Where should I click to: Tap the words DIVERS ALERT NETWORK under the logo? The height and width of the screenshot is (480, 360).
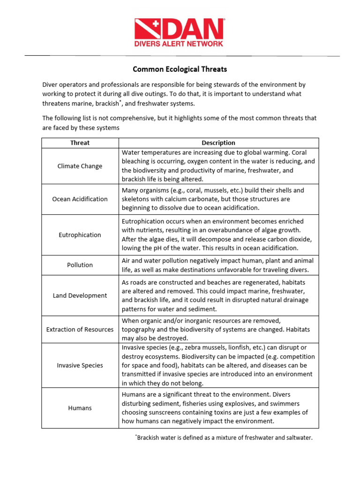180,44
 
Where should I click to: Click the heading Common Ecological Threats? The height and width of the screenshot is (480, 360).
180,69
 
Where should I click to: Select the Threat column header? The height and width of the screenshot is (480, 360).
80,143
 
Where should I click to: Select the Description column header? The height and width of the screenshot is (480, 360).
218,143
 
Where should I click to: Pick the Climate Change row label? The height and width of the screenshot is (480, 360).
80,166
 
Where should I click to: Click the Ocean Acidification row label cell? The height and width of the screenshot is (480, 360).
80,199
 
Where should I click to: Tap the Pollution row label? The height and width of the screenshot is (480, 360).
80,265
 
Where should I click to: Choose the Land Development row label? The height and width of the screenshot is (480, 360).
80,295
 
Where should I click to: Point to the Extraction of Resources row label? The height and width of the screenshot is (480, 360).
80,329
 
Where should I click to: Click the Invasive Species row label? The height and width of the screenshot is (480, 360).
80,365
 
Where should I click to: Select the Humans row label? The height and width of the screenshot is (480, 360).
80,408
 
